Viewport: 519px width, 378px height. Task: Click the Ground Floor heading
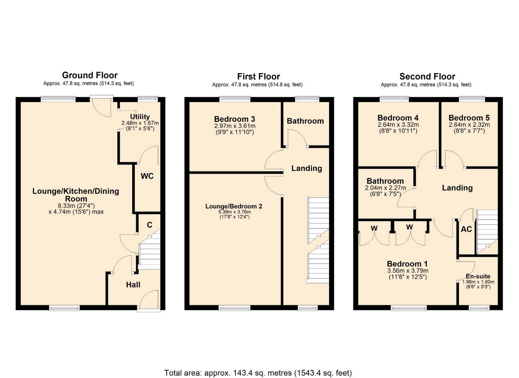tap(90, 75)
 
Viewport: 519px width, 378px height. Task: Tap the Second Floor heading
tap(427, 76)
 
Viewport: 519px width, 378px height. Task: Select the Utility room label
tap(140, 117)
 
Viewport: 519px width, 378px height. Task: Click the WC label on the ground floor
tap(147, 176)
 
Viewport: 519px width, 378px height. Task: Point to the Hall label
tap(133, 285)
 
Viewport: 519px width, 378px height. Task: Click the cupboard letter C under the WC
tap(149, 225)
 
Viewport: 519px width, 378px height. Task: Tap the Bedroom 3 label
tap(235, 119)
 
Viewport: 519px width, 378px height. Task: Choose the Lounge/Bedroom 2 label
tap(234, 206)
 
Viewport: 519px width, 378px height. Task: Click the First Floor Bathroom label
tap(305, 121)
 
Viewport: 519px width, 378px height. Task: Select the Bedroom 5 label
tap(469, 118)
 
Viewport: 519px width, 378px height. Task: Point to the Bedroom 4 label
tap(398, 118)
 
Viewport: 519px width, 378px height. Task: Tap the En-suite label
tap(478, 276)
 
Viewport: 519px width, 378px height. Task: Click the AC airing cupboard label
tap(466, 229)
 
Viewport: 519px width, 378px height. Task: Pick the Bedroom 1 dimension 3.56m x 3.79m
tap(408, 271)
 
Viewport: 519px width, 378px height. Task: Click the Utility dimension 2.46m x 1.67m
tap(140, 123)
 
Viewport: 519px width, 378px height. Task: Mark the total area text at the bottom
tap(258, 373)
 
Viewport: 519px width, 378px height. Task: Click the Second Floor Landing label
tap(457, 188)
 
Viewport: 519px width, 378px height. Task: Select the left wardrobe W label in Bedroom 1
tap(374, 228)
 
